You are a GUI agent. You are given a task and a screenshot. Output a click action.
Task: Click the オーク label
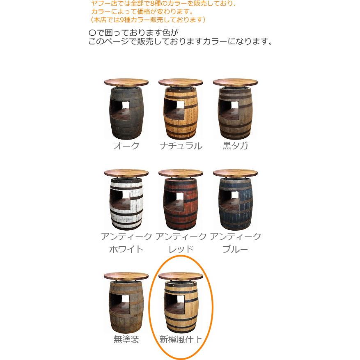coord(126,146)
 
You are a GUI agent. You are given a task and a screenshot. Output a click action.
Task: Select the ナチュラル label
coord(181,146)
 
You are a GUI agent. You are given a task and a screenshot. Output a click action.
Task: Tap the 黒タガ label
coord(235,146)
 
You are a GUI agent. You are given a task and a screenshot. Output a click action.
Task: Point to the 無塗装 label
coord(126,339)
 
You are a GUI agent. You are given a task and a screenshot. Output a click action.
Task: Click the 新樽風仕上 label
coord(181,339)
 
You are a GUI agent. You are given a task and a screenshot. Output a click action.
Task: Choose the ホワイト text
coord(126,249)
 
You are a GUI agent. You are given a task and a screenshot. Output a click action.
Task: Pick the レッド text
coord(181,249)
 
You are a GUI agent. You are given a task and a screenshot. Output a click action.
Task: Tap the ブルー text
coord(235,249)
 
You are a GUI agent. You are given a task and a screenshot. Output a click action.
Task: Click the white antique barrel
coord(126,203)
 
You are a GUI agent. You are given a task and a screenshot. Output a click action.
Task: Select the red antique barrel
coord(181,203)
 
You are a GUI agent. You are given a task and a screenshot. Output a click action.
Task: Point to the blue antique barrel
coord(235,203)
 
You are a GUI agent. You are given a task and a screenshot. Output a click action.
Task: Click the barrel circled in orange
coord(181,306)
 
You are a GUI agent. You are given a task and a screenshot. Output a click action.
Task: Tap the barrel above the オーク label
coord(126,113)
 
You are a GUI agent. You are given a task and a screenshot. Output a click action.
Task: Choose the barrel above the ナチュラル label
coord(181,113)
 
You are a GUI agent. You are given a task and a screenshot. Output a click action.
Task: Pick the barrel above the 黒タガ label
coord(235,113)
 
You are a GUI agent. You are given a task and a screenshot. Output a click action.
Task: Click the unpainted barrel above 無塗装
coord(126,306)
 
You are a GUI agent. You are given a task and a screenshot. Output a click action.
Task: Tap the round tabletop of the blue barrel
coord(235,173)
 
